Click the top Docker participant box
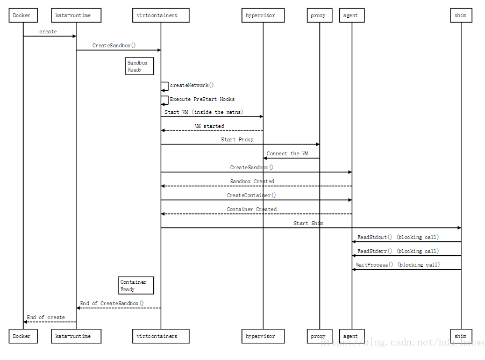click(23, 16)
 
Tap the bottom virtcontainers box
click(161, 336)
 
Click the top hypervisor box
click(263, 16)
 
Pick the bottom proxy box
click(318, 336)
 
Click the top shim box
click(460, 16)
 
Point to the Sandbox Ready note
click(139, 66)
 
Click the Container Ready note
click(135, 285)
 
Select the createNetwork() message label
click(192, 85)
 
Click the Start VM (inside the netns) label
click(204, 112)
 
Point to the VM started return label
click(209, 126)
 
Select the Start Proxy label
click(237, 140)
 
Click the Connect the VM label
click(288, 154)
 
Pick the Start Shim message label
click(309, 223)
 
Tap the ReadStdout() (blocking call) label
click(398, 237)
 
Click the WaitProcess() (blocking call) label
click(398, 264)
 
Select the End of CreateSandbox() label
click(112, 304)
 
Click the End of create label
click(46, 318)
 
